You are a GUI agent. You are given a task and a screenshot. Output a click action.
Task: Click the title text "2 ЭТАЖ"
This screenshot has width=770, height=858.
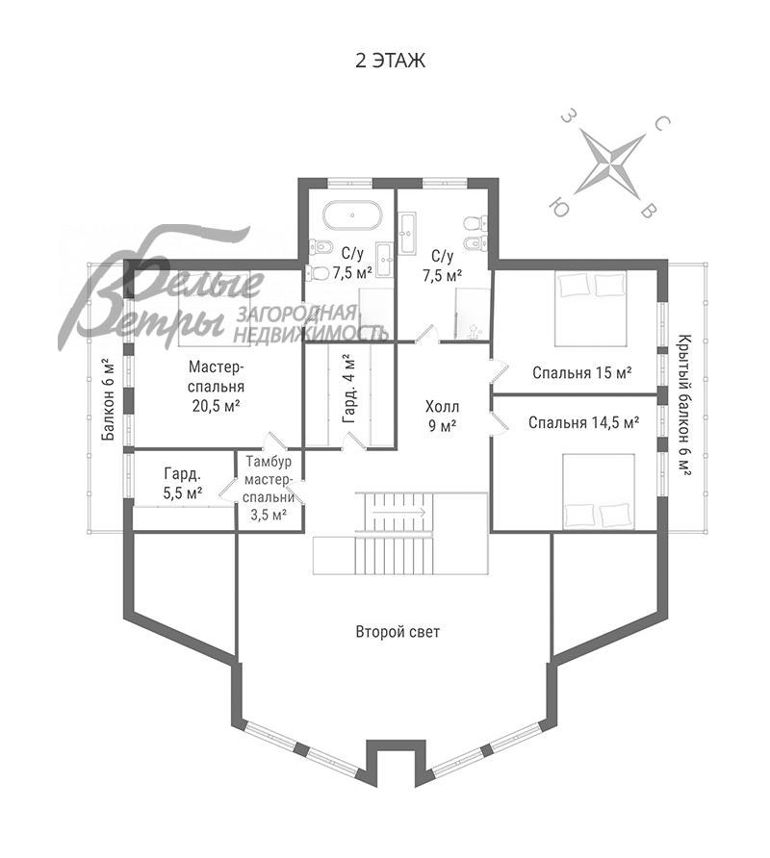[390, 61]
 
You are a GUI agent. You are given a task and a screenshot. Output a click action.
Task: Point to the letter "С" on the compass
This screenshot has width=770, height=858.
[662, 124]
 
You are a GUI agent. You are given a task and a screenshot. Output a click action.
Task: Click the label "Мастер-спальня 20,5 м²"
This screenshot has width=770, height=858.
[216, 386]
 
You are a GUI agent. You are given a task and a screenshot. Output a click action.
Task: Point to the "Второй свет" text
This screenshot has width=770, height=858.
[398, 632]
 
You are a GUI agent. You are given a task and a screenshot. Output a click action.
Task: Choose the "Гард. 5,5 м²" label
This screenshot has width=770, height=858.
[182, 483]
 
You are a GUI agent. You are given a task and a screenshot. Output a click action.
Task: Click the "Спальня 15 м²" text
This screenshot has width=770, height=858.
[582, 372]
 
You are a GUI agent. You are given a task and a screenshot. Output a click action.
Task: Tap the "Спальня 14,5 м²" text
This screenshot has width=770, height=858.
[583, 422]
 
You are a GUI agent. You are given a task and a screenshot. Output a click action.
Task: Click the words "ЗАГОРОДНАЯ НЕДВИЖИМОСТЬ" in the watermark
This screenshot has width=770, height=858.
[312, 323]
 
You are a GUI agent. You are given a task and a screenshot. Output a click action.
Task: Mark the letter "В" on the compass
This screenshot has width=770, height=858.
[652, 211]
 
